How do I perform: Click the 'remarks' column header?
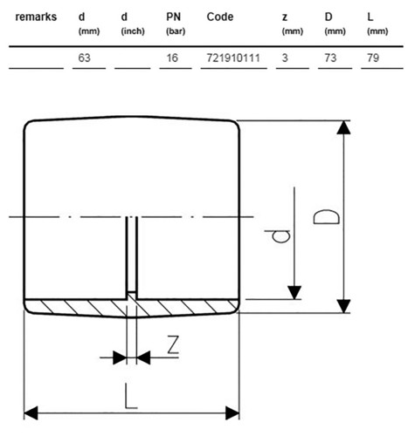pyautogui.click(x=36, y=17)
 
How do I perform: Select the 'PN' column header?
pyautogui.click(x=173, y=17)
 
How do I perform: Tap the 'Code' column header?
pyautogui.click(x=220, y=17)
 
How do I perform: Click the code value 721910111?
pyautogui.click(x=233, y=58)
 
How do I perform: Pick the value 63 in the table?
pyautogui.click(x=84, y=58)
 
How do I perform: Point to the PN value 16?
pyautogui.click(x=172, y=58)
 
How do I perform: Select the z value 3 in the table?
pyautogui.click(x=285, y=58)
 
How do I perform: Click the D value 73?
pyautogui.click(x=330, y=58)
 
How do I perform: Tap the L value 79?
pyautogui.click(x=373, y=58)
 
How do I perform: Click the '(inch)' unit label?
pyautogui.click(x=133, y=31)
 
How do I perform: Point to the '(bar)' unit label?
pyautogui.click(x=176, y=31)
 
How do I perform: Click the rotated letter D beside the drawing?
pyautogui.click(x=326, y=217)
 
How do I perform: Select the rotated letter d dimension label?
pyautogui.click(x=278, y=236)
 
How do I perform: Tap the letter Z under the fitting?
pyautogui.click(x=173, y=344)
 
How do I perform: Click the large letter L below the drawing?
pyautogui.click(x=131, y=396)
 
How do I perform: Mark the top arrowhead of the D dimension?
pyautogui.click(x=343, y=127)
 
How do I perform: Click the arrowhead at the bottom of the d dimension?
pyautogui.click(x=294, y=292)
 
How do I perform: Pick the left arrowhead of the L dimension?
pyautogui.click(x=31, y=413)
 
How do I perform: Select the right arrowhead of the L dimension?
pyautogui.click(x=232, y=413)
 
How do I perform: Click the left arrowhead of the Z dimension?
pyautogui.click(x=120, y=358)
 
